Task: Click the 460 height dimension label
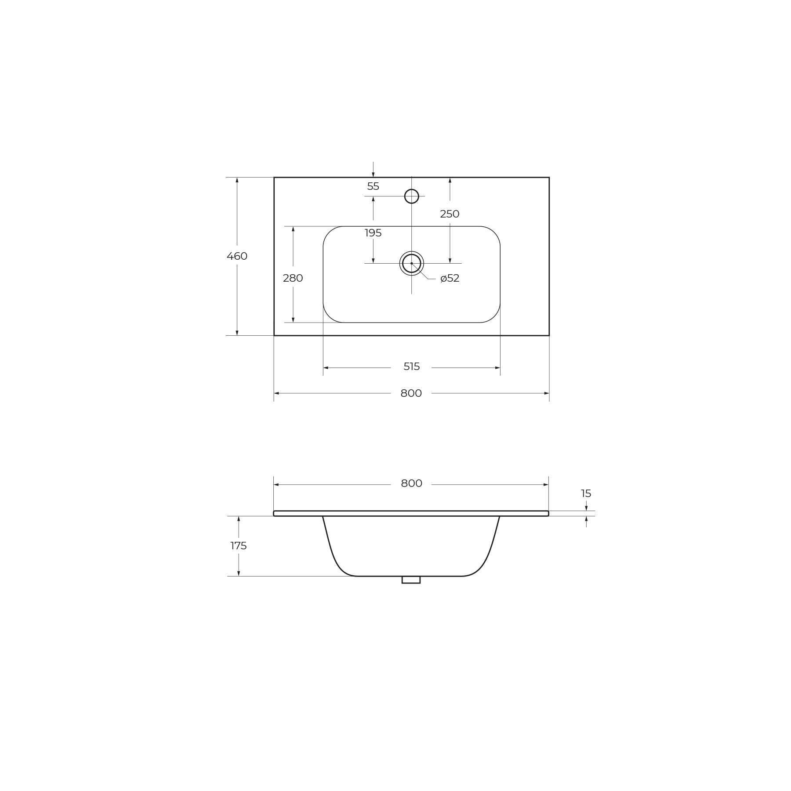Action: [237, 256]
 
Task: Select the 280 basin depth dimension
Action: [293, 278]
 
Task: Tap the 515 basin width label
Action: [412, 366]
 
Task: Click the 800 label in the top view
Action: [411, 393]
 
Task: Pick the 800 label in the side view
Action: [412, 483]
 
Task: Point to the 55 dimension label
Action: [373, 186]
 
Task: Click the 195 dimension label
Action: [373, 233]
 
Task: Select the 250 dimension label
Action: [450, 214]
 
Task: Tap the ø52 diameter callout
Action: [450, 278]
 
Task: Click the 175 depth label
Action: [239, 546]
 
